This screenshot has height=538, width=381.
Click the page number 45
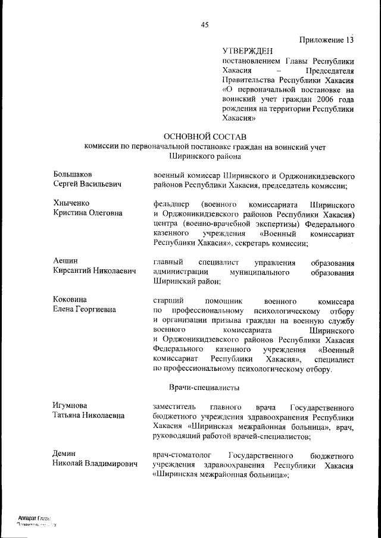coord(205,24)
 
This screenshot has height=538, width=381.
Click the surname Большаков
coord(73,175)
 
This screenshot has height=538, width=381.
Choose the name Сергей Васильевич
coord(87,185)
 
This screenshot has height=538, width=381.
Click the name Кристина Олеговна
coord(88,213)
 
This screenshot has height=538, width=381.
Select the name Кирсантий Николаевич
coord(95,271)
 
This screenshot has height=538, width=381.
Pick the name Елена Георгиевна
coord(84,310)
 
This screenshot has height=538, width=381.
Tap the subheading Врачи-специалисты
coord(204,388)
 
